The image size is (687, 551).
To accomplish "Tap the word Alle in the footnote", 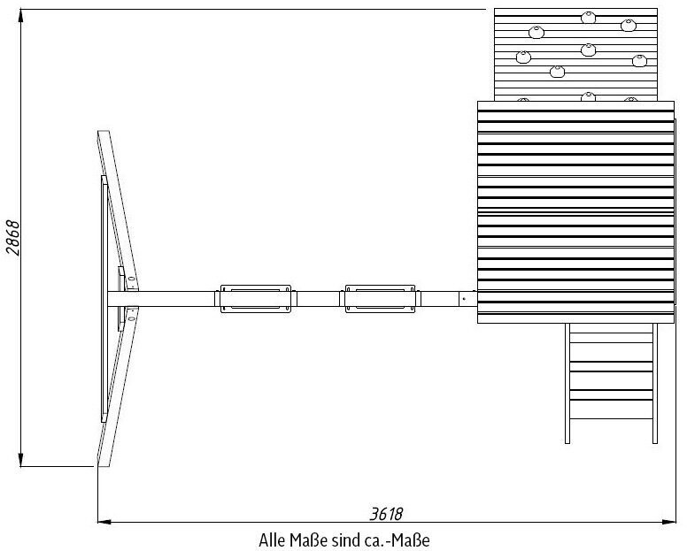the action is click(271, 539).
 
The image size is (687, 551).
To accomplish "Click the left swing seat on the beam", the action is click(256, 298).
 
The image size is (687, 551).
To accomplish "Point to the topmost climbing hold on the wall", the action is click(588, 17).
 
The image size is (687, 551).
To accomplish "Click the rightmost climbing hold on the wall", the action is click(640, 60).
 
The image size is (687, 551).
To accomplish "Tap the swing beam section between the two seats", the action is click(319, 298).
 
